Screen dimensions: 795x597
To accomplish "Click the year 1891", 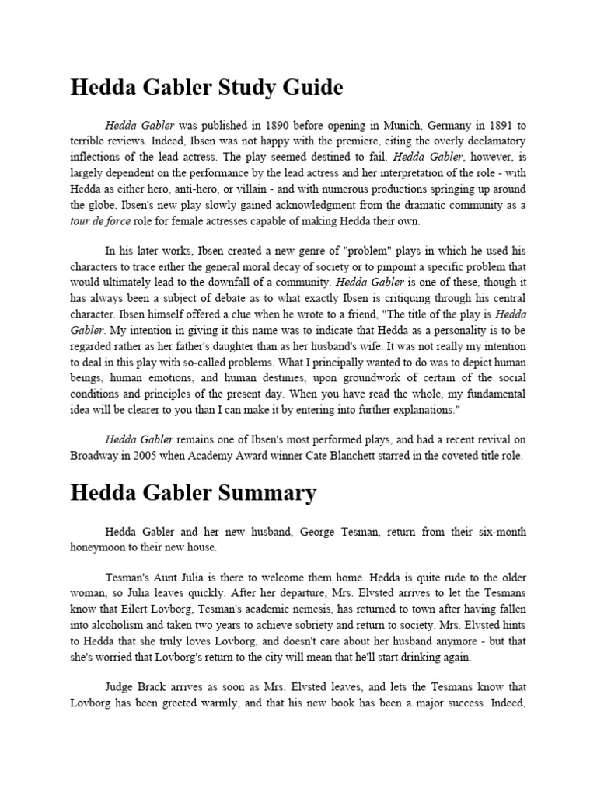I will (x=486, y=125).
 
